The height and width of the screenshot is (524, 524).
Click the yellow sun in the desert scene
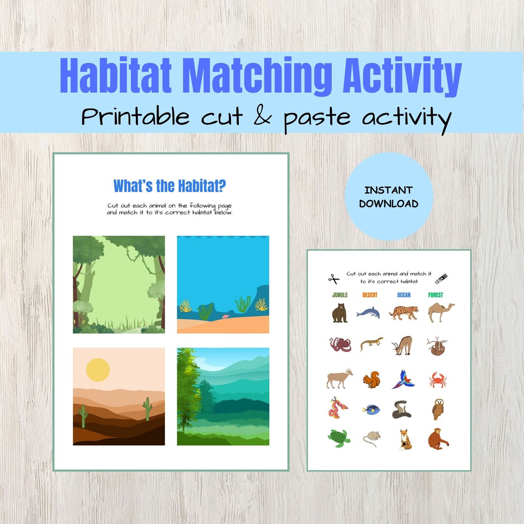tap(98, 370)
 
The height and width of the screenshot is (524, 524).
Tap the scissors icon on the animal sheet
tap(333, 278)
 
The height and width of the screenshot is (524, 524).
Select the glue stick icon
tap(441, 278)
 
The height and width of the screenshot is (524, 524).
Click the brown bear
tap(340, 312)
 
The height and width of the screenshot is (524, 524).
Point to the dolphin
tap(368, 313)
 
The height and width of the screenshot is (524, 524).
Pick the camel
tap(441, 312)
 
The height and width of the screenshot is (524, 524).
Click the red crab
tap(437, 380)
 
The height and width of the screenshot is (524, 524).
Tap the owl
tap(438, 409)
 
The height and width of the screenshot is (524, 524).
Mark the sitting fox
tap(405, 439)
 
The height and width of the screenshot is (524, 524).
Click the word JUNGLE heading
tap(340, 295)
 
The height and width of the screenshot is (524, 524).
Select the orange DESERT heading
tap(369, 295)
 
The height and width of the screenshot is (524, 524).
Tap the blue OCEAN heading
tap(404, 295)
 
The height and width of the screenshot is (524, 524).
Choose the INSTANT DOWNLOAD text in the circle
tap(389, 196)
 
